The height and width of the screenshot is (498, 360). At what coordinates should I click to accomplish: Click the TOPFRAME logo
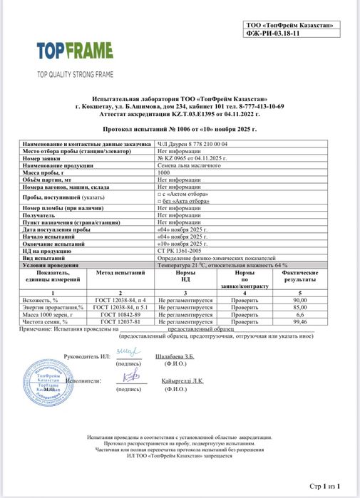75,51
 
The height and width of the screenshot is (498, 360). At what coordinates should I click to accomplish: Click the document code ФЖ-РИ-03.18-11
288,32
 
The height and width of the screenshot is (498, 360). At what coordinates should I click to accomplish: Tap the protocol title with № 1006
180,130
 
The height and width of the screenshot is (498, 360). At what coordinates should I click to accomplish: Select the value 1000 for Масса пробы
164,172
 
